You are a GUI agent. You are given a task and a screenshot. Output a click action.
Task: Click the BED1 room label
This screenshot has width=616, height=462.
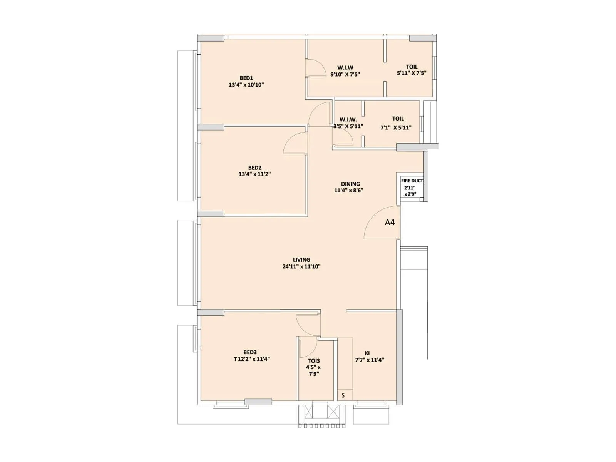(246, 78)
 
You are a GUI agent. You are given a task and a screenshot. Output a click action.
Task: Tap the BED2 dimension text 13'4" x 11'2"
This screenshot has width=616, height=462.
(254, 174)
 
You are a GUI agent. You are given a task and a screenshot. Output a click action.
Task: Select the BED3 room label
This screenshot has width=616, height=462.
(250, 352)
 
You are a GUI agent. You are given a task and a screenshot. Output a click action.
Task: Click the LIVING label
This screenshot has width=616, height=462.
(301, 260)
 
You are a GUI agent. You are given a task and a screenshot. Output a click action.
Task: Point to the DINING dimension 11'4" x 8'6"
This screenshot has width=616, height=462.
(349, 190)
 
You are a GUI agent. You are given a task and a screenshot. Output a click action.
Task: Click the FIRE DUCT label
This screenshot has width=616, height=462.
(412, 181)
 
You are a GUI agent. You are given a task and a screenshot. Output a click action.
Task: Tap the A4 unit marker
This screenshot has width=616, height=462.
(390, 222)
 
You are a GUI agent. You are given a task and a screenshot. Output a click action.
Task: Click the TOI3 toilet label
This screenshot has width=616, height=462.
(314, 361)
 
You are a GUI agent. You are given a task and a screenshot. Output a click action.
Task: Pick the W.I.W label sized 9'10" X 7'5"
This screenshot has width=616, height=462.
(345, 68)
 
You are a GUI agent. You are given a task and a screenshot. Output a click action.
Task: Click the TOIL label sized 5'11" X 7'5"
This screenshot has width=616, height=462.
(412, 67)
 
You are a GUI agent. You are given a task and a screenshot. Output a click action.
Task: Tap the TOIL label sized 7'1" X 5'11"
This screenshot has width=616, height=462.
(398, 119)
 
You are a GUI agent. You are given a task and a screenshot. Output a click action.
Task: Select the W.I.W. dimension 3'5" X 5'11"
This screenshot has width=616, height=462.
(348, 126)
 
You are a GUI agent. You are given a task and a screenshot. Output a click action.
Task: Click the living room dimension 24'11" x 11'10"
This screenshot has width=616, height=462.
(301, 266)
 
